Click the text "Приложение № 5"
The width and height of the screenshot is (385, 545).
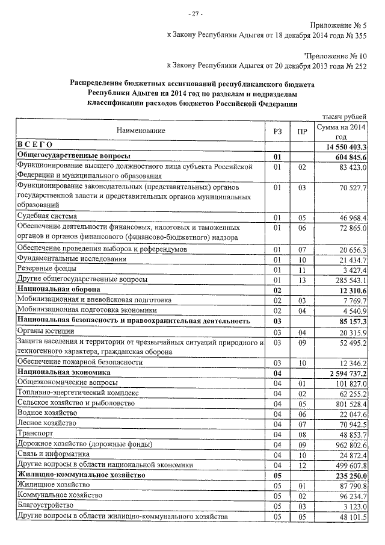(x=338, y=25)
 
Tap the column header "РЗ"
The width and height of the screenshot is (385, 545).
(x=277, y=131)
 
